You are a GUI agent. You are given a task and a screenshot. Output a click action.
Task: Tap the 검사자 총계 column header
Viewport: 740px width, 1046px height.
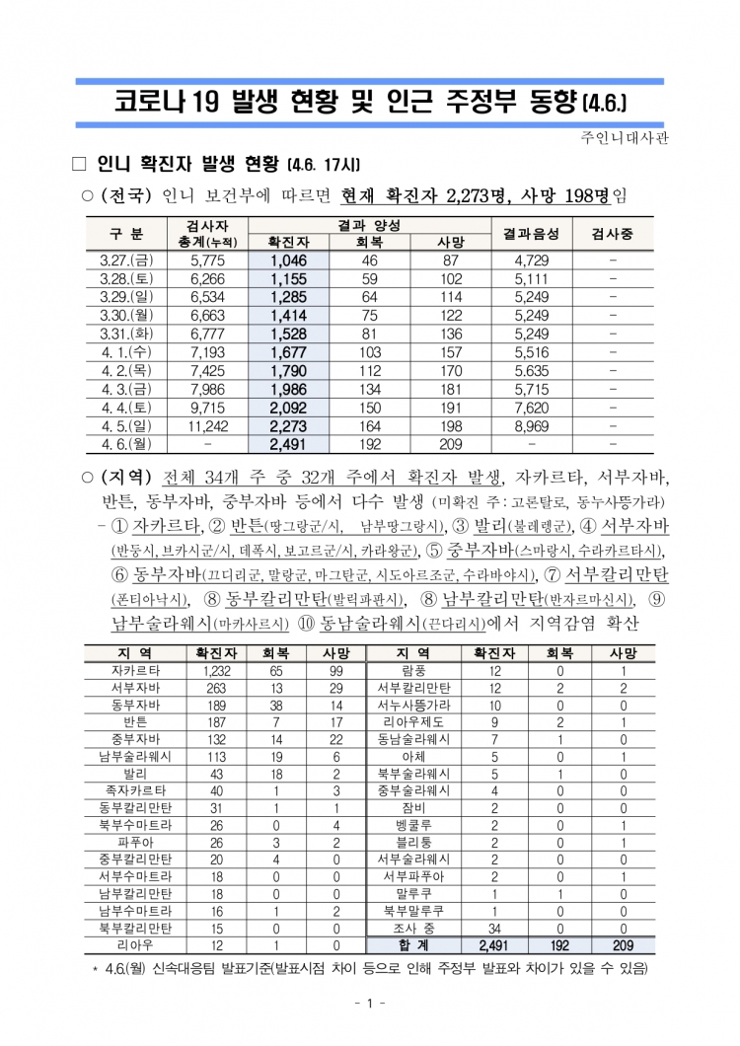206,233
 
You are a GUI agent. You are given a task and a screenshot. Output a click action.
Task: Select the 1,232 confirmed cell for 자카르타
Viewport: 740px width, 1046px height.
217,670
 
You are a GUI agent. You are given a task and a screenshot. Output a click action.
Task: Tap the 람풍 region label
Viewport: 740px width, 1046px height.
413,670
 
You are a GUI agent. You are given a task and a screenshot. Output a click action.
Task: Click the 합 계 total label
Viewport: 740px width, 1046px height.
413,944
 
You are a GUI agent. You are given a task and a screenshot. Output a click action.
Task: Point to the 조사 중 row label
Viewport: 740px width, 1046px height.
413,928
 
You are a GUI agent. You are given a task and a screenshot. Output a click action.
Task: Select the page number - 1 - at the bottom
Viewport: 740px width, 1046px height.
368,1004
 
